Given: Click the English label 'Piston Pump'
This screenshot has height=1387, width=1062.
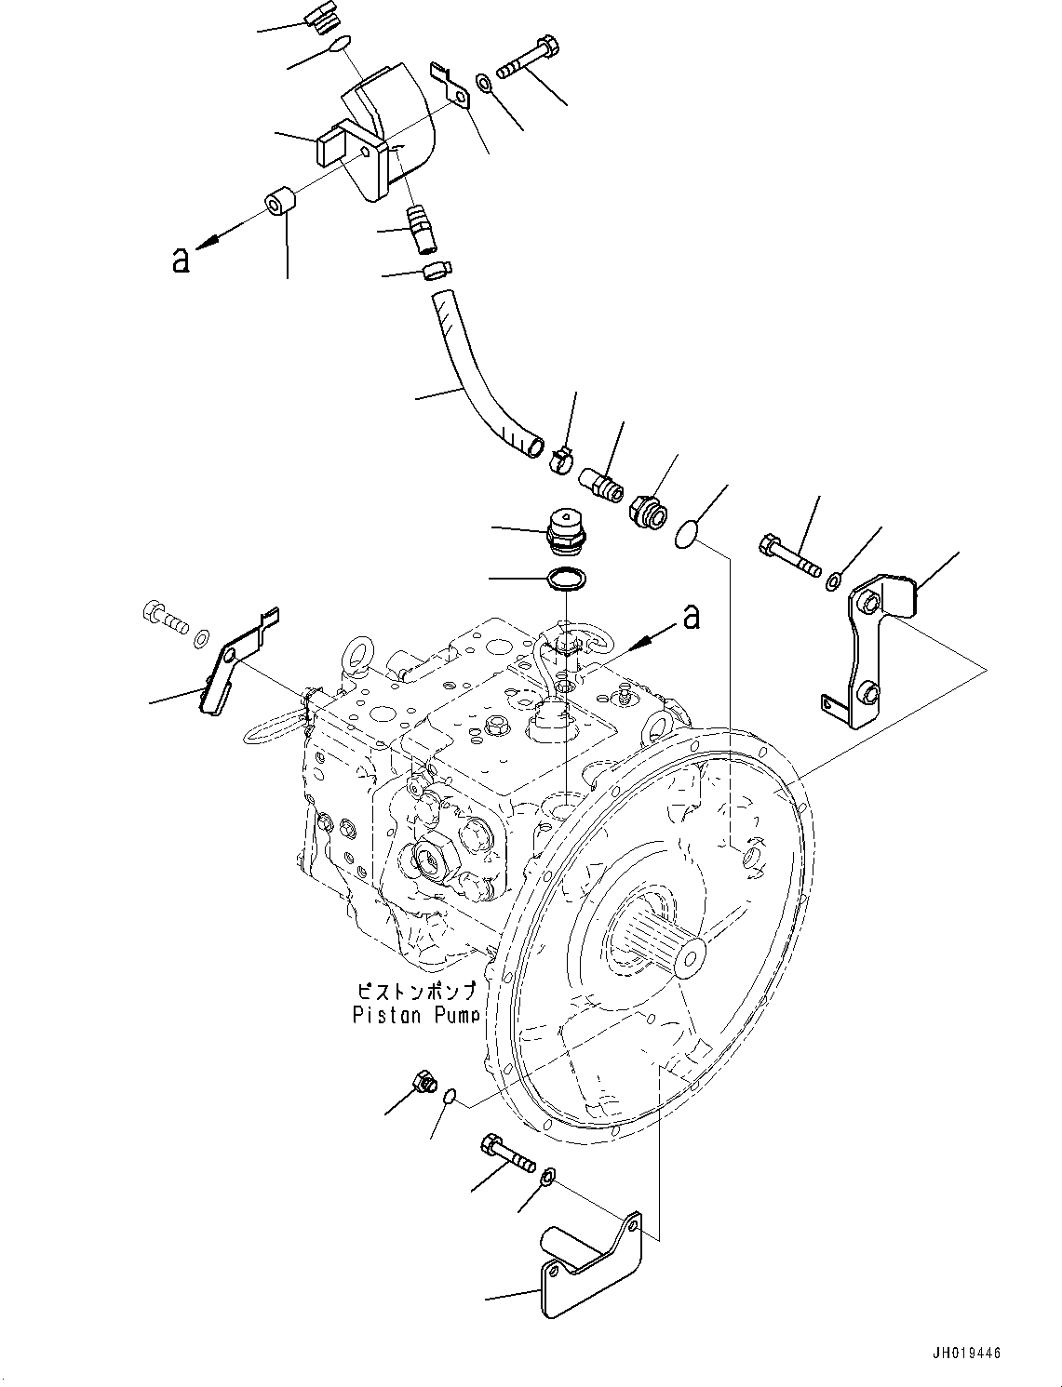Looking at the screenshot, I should (x=415, y=1015).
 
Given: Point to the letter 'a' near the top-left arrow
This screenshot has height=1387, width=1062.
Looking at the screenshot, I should (x=180, y=260).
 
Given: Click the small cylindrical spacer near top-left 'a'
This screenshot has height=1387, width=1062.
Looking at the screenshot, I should (x=279, y=202).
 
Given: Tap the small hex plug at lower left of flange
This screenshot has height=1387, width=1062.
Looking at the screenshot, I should (x=423, y=1082).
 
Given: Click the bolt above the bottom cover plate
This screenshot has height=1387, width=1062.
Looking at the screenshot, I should (x=507, y=1153).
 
